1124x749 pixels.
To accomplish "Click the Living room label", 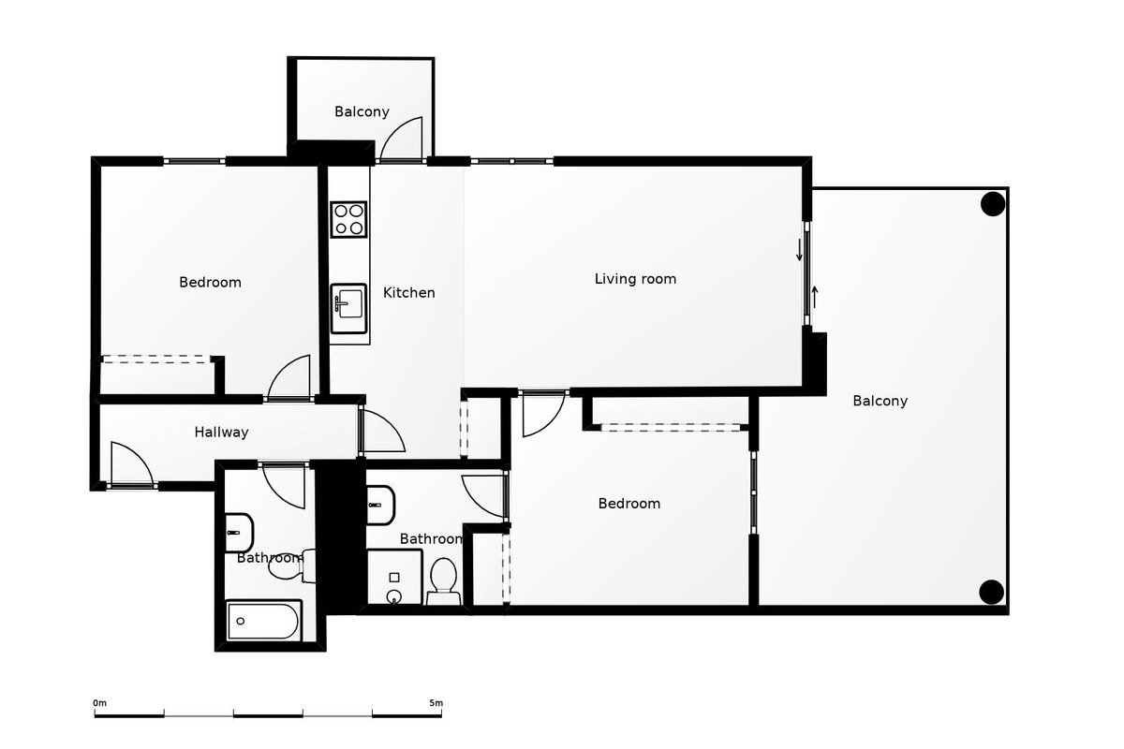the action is [x=635, y=278].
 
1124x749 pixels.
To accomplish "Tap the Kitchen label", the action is [x=409, y=292].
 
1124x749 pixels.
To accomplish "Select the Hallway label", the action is [x=221, y=432].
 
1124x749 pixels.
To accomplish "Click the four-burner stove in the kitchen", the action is [x=348, y=219].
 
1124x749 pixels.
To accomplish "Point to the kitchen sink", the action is [x=348, y=309].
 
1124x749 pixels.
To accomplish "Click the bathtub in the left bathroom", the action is [x=264, y=621].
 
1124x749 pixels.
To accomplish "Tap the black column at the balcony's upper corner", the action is [x=993, y=204].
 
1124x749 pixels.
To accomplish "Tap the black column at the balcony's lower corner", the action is [x=992, y=592].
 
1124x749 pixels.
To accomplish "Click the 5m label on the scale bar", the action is [x=436, y=703].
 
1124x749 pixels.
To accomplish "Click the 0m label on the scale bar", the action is [x=100, y=703].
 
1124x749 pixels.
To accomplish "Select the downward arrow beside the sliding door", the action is [x=799, y=250].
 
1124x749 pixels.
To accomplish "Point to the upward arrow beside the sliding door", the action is [x=815, y=297].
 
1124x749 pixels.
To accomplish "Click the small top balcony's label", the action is [x=362, y=111].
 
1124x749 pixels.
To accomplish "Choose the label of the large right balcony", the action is [x=880, y=401].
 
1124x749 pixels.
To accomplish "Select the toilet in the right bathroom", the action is [x=444, y=581].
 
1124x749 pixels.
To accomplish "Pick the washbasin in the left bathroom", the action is [x=239, y=533].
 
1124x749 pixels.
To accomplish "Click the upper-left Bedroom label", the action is [x=210, y=282].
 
